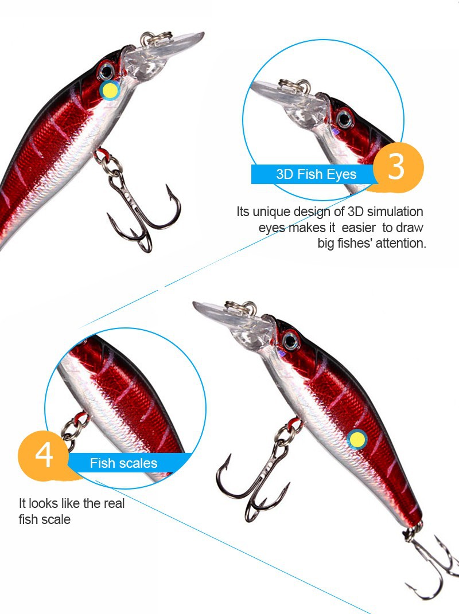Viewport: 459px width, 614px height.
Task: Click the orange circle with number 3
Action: tap(398, 167)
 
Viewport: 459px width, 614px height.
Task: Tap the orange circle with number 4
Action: tap(43, 455)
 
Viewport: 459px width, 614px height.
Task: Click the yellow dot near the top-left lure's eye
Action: tap(110, 91)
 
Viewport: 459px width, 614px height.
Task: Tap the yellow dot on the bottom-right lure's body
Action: tap(357, 439)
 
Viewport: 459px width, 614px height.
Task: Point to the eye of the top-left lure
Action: tap(106, 71)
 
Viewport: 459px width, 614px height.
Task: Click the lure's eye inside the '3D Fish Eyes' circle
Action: tap(345, 119)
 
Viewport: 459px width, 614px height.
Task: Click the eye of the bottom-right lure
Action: tap(291, 341)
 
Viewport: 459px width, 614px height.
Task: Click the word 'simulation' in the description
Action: tap(395, 212)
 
